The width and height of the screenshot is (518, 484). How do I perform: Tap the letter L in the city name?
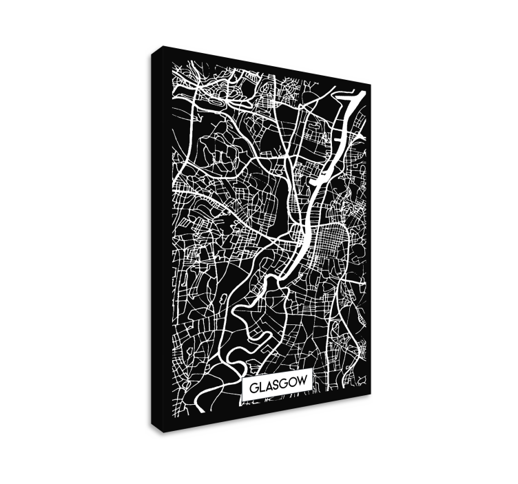pyautogui.click(x=261, y=387)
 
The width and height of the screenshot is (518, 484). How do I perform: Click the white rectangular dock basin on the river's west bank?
pyautogui.click(x=319, y=180)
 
